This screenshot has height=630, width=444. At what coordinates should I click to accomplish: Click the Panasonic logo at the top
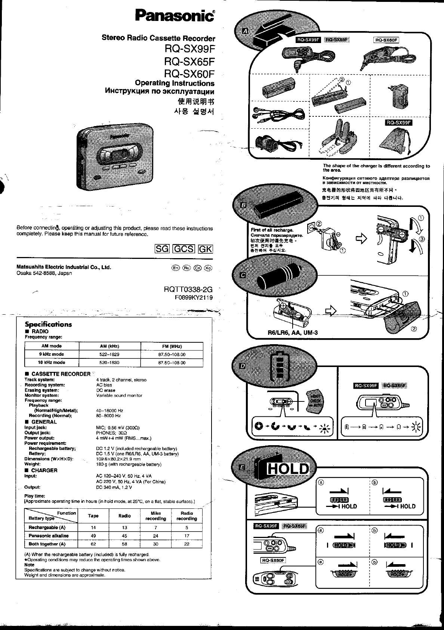tap(175, 16)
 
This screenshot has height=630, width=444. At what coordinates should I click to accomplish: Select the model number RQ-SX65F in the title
tap(189, 61)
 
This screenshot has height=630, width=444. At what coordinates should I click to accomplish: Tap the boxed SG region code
tap(162, 249)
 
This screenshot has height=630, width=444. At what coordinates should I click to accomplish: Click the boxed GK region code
tap(205, 249)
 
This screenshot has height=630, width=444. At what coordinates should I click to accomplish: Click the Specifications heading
tap(48, 324)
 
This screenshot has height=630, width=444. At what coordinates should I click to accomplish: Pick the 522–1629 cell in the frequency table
tap(110, 354)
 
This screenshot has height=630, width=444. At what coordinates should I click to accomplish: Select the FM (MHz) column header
tap(172, 346)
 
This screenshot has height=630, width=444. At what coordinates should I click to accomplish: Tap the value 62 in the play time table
tap(93, 544)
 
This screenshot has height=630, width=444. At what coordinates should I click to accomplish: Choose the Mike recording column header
tap(155, 516)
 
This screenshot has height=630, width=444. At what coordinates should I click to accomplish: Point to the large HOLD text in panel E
tap(288, 468)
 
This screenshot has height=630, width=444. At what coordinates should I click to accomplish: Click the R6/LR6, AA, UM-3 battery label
tap(293, 333)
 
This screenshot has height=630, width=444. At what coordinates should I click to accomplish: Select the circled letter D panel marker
tap(242, 366)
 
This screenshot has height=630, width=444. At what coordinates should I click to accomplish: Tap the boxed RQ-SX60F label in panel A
tap(386, 40)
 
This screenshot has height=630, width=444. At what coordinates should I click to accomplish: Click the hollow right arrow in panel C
tap(331, 311)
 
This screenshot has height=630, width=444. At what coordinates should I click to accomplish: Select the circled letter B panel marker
tap(243, 205)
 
